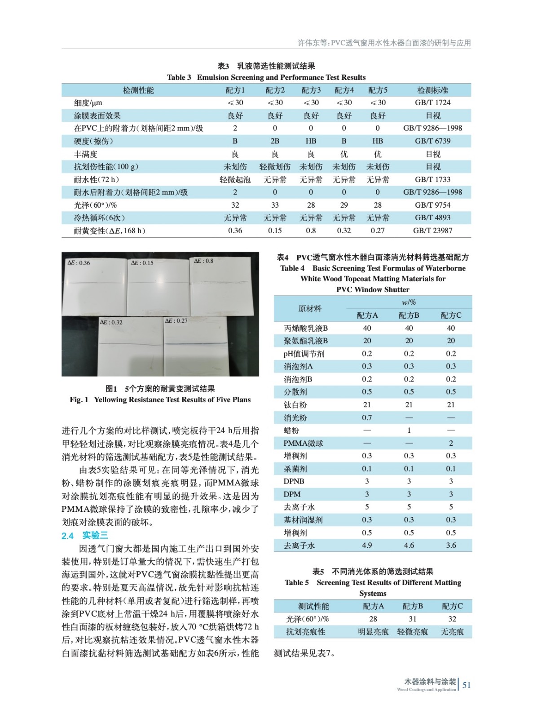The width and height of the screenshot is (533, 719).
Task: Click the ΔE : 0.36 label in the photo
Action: tap(79, 263)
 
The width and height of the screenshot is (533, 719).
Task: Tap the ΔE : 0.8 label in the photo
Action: tap(204, 261)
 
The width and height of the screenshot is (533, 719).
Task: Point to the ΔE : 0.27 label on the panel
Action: tap(176, 321)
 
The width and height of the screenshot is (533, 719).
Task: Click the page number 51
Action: tap(467, 685)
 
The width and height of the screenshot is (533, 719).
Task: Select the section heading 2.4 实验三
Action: tap(85, 535)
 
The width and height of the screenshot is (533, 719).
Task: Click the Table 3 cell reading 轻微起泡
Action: tap(235, 180)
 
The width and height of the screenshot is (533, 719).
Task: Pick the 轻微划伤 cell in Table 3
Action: tap(275, 167)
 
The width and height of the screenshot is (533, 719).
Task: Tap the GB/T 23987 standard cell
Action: tap(432, 231)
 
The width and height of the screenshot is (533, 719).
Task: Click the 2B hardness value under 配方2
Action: tap(275, 141)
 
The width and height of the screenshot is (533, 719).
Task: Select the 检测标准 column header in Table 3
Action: tap(432, 90)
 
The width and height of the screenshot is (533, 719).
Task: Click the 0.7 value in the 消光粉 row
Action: tap(367, 417)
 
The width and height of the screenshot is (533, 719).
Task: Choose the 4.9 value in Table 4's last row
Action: tap(367, 545)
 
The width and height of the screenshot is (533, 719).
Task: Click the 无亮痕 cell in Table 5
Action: tap(452, 632)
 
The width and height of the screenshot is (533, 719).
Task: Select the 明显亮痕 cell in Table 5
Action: tap(373, 632)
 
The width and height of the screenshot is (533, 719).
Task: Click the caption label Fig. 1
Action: tap(79, 399)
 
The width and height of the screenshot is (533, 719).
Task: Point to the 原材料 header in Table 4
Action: tap(310, 309)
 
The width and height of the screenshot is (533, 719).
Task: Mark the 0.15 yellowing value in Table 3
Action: tap(275, 231)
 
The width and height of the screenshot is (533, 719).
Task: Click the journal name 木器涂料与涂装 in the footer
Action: tap(430, 682)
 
